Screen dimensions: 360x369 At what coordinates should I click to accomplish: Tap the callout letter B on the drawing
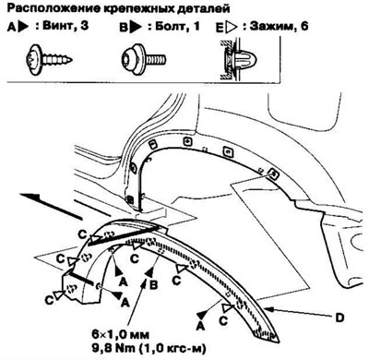[x=156, y=274]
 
